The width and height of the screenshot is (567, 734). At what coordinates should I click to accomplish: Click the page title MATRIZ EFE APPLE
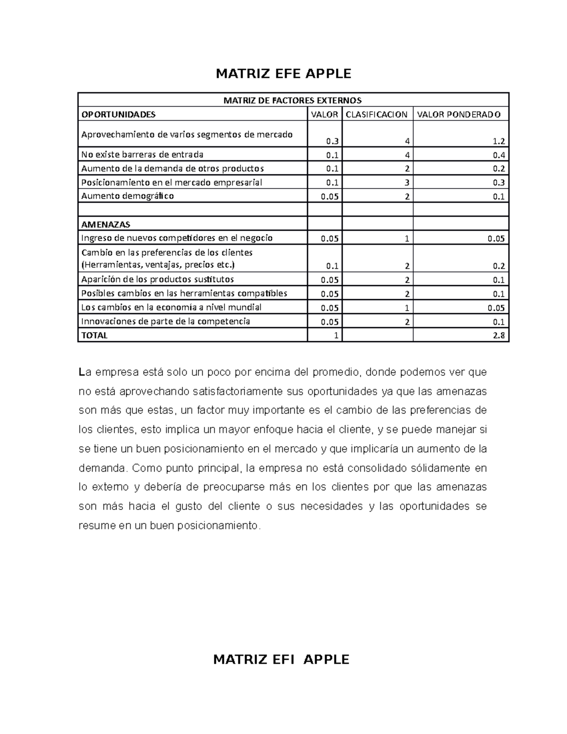[x=283, y=74]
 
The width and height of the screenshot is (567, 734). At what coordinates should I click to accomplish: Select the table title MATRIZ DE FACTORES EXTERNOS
[x=292, y=100]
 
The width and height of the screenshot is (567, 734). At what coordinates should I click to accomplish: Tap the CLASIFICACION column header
[x=377, y=114]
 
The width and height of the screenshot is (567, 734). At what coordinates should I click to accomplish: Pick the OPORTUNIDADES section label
[x=118, y=114]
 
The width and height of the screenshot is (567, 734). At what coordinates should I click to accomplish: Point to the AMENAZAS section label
[x=106, y=225]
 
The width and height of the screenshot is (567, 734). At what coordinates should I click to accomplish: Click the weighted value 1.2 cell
[x=499, y=141]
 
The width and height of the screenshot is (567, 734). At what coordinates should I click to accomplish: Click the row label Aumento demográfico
[x=128, y=196]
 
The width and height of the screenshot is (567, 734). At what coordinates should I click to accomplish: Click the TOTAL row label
[x=94, y=336]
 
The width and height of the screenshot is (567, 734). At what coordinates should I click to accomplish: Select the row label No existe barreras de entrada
[x=142, y=155]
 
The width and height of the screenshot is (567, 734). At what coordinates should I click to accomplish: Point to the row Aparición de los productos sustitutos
[x=157, y=279]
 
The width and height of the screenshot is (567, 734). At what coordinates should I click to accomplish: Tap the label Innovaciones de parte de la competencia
[x=165, y=321]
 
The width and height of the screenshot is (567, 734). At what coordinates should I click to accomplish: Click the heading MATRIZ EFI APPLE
[x=281, y=659]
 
